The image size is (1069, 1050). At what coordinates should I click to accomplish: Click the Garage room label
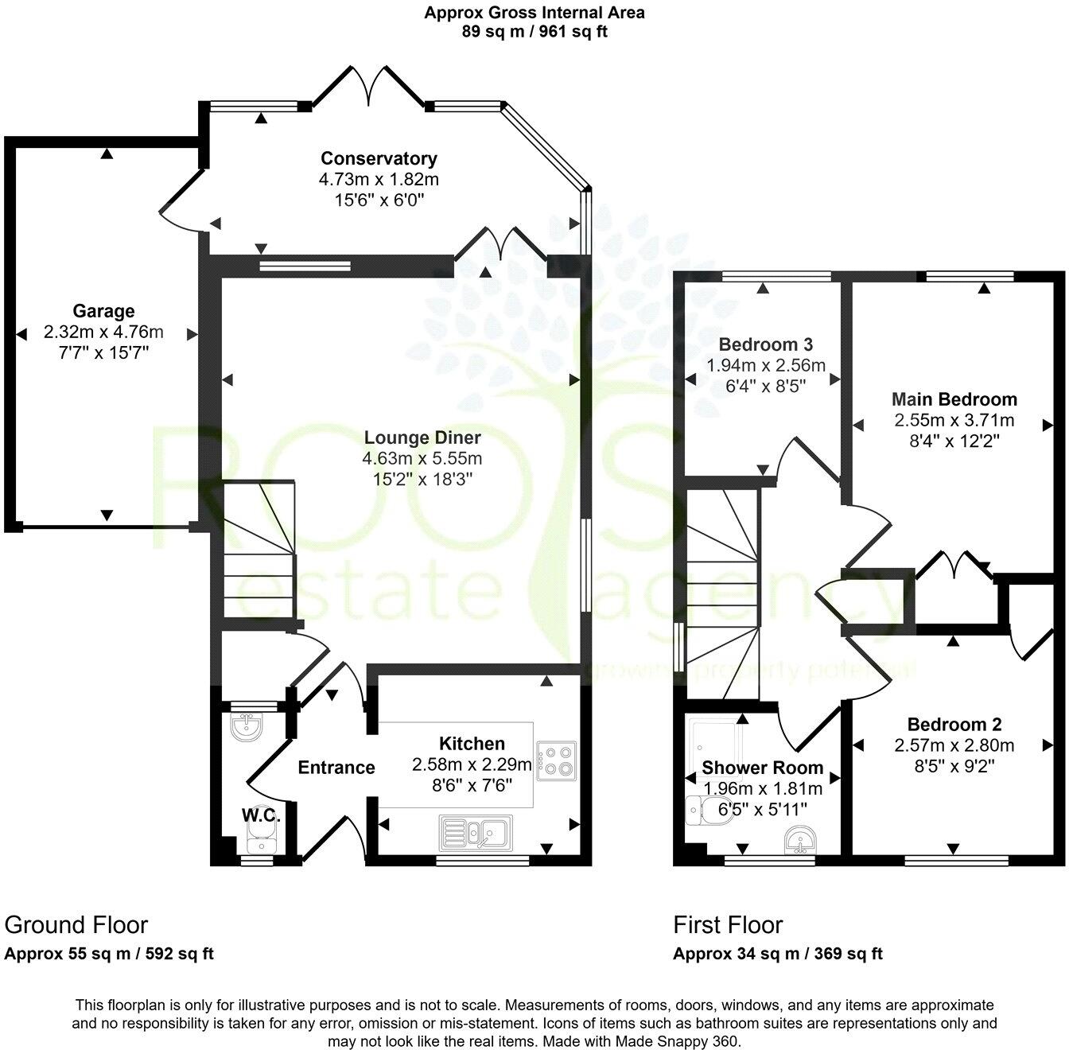coord(103,311)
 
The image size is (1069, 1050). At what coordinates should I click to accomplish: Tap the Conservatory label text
coord(379,158)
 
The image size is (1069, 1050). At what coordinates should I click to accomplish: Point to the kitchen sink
coord(476,833)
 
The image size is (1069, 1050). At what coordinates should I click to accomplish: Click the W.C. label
coord(259,815)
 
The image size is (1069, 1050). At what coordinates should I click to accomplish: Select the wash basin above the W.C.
coord(247,726)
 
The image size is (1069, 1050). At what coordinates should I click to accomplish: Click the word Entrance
coord(336,768)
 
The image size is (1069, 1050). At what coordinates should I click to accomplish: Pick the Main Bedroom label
coord(954,399)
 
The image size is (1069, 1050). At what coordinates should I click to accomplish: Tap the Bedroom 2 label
coord(954,725)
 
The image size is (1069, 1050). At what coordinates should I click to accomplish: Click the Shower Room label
coord(762,768)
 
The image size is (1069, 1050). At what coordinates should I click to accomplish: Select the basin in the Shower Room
coord(798,839)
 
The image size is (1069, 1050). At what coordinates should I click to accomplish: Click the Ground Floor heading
coord(76,925)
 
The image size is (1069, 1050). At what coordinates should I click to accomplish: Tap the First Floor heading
coord(728,925)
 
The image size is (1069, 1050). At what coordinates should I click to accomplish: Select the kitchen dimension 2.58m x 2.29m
coord(472,764)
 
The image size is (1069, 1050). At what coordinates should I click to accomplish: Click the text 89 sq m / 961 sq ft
coord(534,33)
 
